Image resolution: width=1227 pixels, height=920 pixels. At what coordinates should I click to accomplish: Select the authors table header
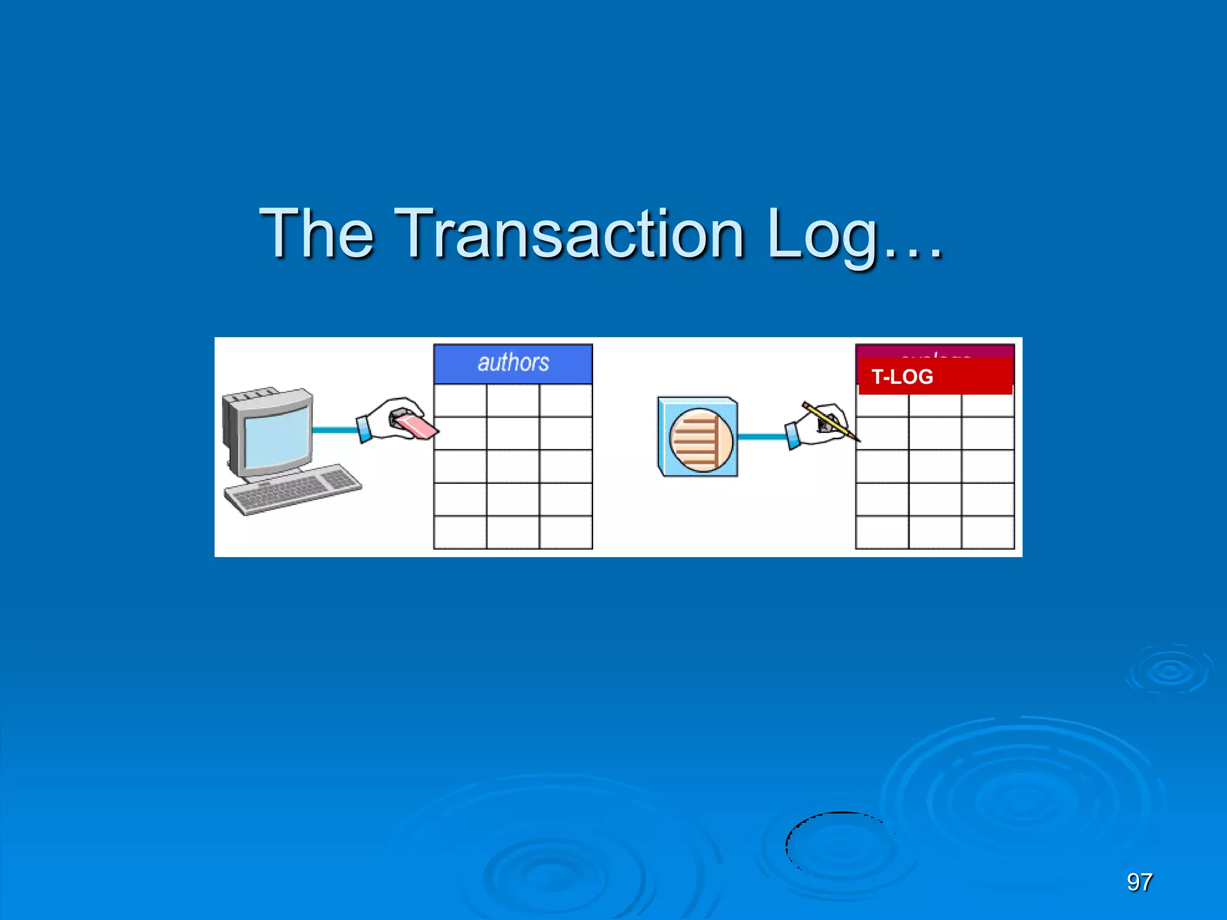513,363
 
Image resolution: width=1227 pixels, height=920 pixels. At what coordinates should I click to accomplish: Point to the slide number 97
1139,882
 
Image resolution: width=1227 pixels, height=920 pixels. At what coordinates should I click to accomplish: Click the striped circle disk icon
700,440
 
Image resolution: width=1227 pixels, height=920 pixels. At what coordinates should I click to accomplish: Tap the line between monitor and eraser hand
334,429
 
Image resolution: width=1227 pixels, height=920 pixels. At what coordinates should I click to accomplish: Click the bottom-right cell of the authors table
566,532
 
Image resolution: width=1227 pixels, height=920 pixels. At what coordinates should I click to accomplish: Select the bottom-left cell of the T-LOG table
882,532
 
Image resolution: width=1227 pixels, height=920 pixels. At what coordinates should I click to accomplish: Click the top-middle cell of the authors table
513,400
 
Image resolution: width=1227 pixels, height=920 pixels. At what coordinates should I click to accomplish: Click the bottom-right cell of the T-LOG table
987,532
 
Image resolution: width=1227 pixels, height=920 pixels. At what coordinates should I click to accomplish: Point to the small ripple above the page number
1169,671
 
